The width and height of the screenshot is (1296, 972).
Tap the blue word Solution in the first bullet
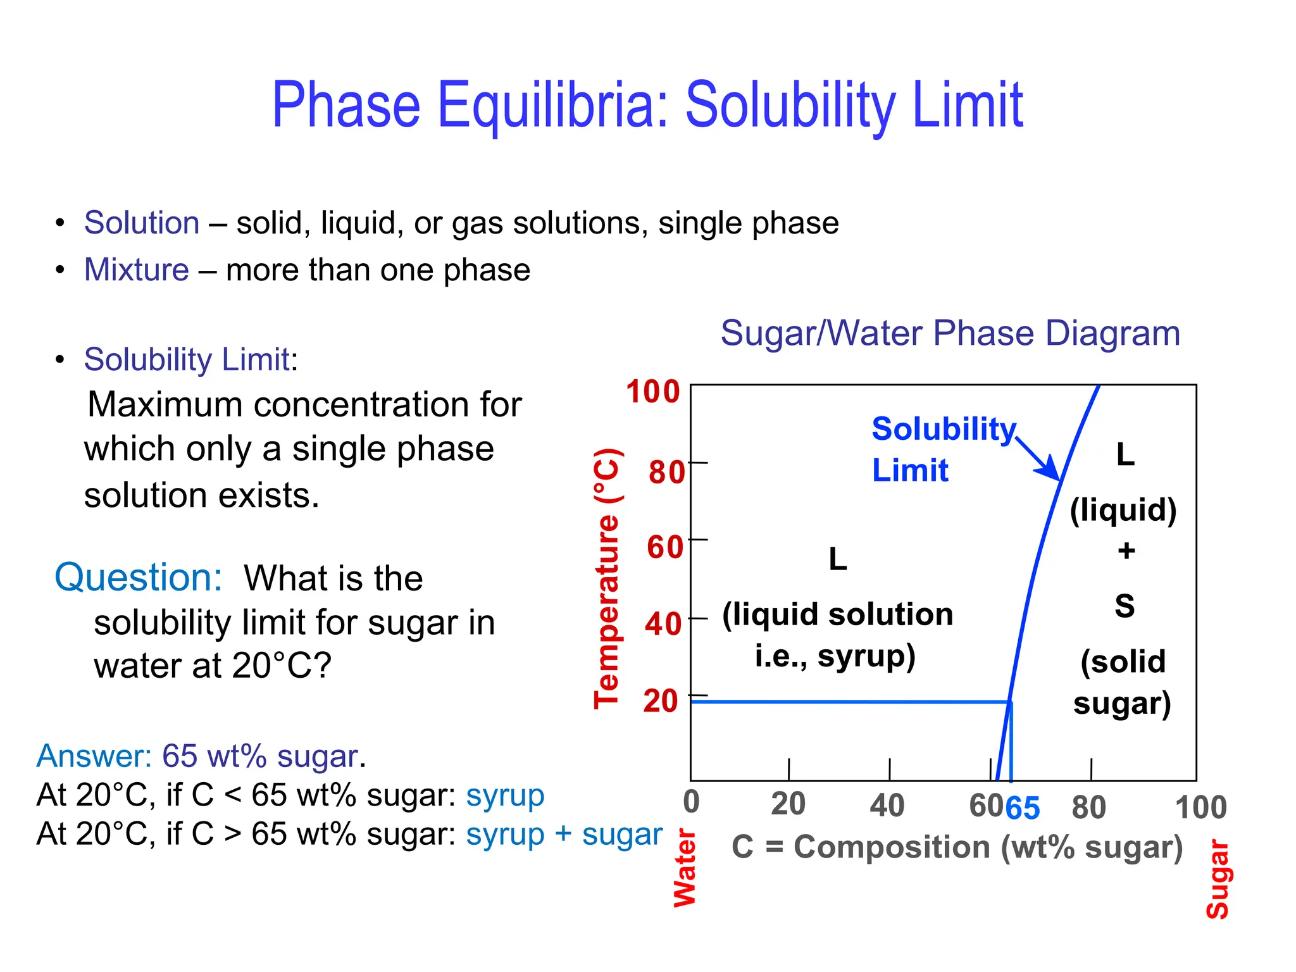[x=142, y=223]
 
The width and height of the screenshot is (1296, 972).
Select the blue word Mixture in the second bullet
[x=137, y=270]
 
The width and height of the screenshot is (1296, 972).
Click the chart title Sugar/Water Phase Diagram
[x=950, y=333]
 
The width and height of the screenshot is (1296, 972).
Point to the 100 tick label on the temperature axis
[x=652, y=392]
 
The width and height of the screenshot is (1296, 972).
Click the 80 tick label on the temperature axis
[x=666, y=472]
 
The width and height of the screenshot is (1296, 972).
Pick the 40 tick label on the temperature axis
[x=663, y=624]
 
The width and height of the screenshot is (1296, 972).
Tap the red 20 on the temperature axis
[x=661, y=701]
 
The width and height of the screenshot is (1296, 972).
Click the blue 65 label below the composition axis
[x=1023, y=808]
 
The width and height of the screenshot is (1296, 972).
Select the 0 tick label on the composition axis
[x=692, y=802]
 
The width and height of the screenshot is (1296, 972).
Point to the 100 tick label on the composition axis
[x=1200, y=808]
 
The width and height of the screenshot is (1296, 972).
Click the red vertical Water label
[x=685, y=868]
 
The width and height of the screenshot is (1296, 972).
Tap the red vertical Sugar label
[x=1218, y=880]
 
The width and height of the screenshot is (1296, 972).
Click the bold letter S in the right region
[x=1125, y=606]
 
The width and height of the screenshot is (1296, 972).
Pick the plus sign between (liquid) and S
[x=1126, y=551]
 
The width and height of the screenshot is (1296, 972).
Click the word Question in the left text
[x=139, y=578]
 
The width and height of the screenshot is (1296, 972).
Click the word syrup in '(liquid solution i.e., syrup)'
[x=866, y=656]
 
